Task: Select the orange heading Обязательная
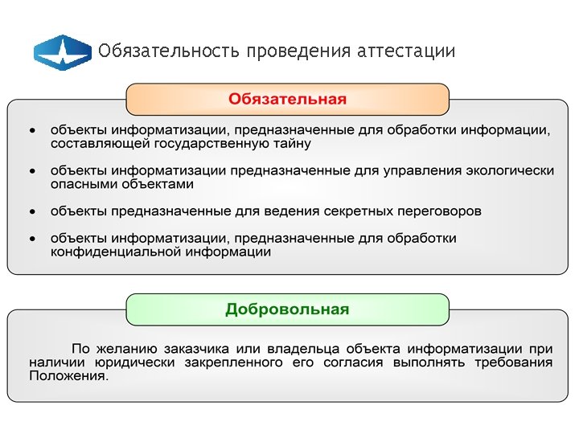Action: [287, 100]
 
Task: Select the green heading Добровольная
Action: [287, 309]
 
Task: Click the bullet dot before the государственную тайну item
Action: [31, 129]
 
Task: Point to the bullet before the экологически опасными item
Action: [31, 170]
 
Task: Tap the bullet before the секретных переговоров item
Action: [31, 211]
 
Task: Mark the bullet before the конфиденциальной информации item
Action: [31, 239]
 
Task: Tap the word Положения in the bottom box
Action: [68, 376]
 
